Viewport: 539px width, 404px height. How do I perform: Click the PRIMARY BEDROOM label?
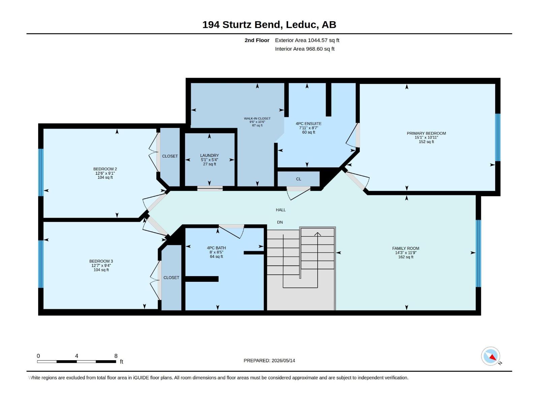point(426,133)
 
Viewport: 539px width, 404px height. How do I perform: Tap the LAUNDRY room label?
point(209,155)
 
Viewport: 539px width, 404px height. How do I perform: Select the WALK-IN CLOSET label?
point(257,119)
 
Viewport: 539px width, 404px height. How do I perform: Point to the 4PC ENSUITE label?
point(309,124)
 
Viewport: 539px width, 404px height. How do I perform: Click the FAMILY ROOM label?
point(406,248)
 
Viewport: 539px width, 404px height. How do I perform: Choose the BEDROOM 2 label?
point(105,169)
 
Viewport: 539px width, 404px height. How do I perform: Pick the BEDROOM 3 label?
point(101,261)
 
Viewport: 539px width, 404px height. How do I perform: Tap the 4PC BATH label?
point(216,248)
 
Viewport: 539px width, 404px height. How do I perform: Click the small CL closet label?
point(298,179)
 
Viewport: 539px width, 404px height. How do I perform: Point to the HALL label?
point(281,210)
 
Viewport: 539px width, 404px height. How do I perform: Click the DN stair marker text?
point(280,222)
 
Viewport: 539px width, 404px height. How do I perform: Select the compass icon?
point(490,356)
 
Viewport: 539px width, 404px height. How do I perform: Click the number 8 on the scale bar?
point(116,356)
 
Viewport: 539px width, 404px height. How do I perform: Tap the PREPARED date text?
point(269,361)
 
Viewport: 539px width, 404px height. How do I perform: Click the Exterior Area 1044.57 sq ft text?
point(307,40)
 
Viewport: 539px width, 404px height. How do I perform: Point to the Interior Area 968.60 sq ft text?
point(305,49)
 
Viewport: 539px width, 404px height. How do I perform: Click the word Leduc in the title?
point(301,25)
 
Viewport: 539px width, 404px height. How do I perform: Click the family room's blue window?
point(478,254)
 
